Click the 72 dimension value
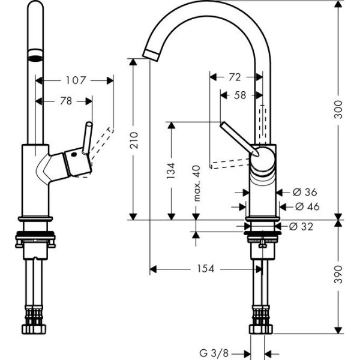point(235,77)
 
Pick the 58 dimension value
point(239,95)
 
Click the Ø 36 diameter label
point(304,193)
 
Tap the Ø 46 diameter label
point(307,207)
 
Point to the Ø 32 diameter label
point(301,226)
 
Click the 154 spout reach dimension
point(205,269)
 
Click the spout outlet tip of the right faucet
point(151,53)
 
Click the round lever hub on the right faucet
point(262,157)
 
